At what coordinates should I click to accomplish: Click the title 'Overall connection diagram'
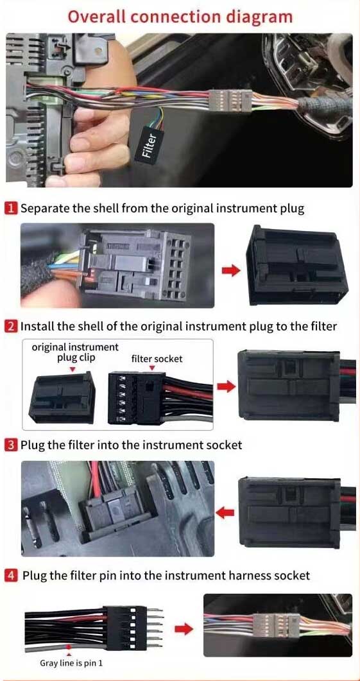[180, 16]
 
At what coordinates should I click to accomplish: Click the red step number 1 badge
[12, 208]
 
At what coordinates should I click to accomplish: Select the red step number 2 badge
[12, 326]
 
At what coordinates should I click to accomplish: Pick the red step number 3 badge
[12, 444]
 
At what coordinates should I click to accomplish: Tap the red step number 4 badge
[12, 575]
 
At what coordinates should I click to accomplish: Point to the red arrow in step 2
[225, 386]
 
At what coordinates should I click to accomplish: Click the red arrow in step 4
[184, 628]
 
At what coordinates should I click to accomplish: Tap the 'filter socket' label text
[157, 359]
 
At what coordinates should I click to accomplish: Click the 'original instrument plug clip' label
[75, 352]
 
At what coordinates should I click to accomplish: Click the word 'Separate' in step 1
[44, 208]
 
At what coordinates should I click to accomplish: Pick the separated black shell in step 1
[297, 266]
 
